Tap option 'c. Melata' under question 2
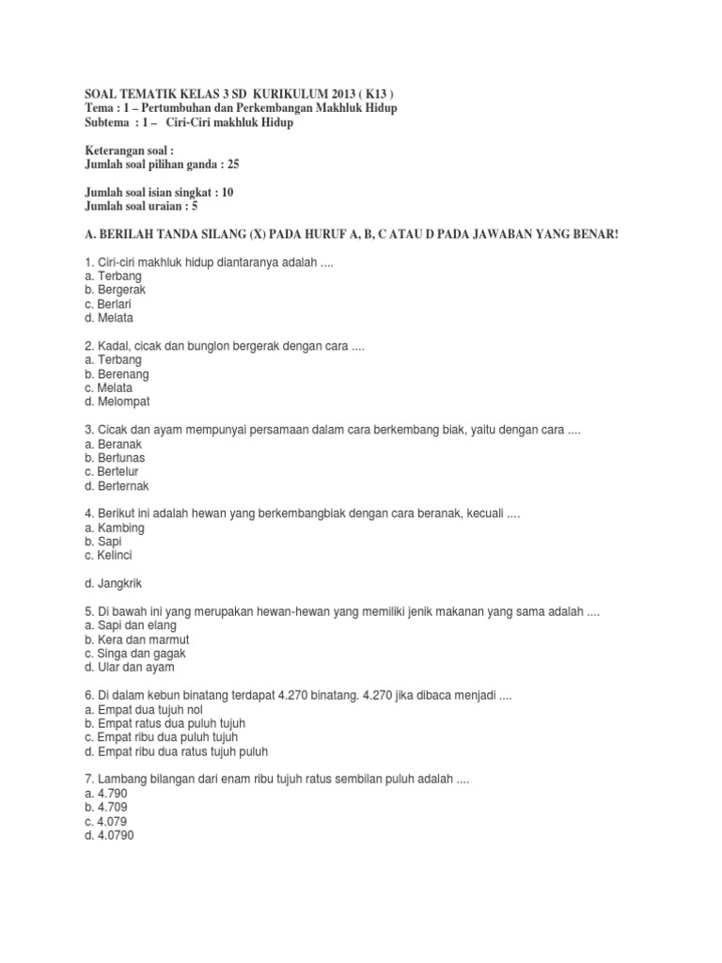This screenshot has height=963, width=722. click(108, 387)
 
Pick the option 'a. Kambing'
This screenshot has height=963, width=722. click(115, 528)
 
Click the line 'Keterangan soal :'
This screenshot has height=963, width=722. click(130, 150)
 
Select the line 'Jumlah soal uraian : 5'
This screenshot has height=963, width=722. click(142, 206)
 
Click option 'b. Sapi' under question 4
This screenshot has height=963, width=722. click(103, 542)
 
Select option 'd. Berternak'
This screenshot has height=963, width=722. click(117, 486)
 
